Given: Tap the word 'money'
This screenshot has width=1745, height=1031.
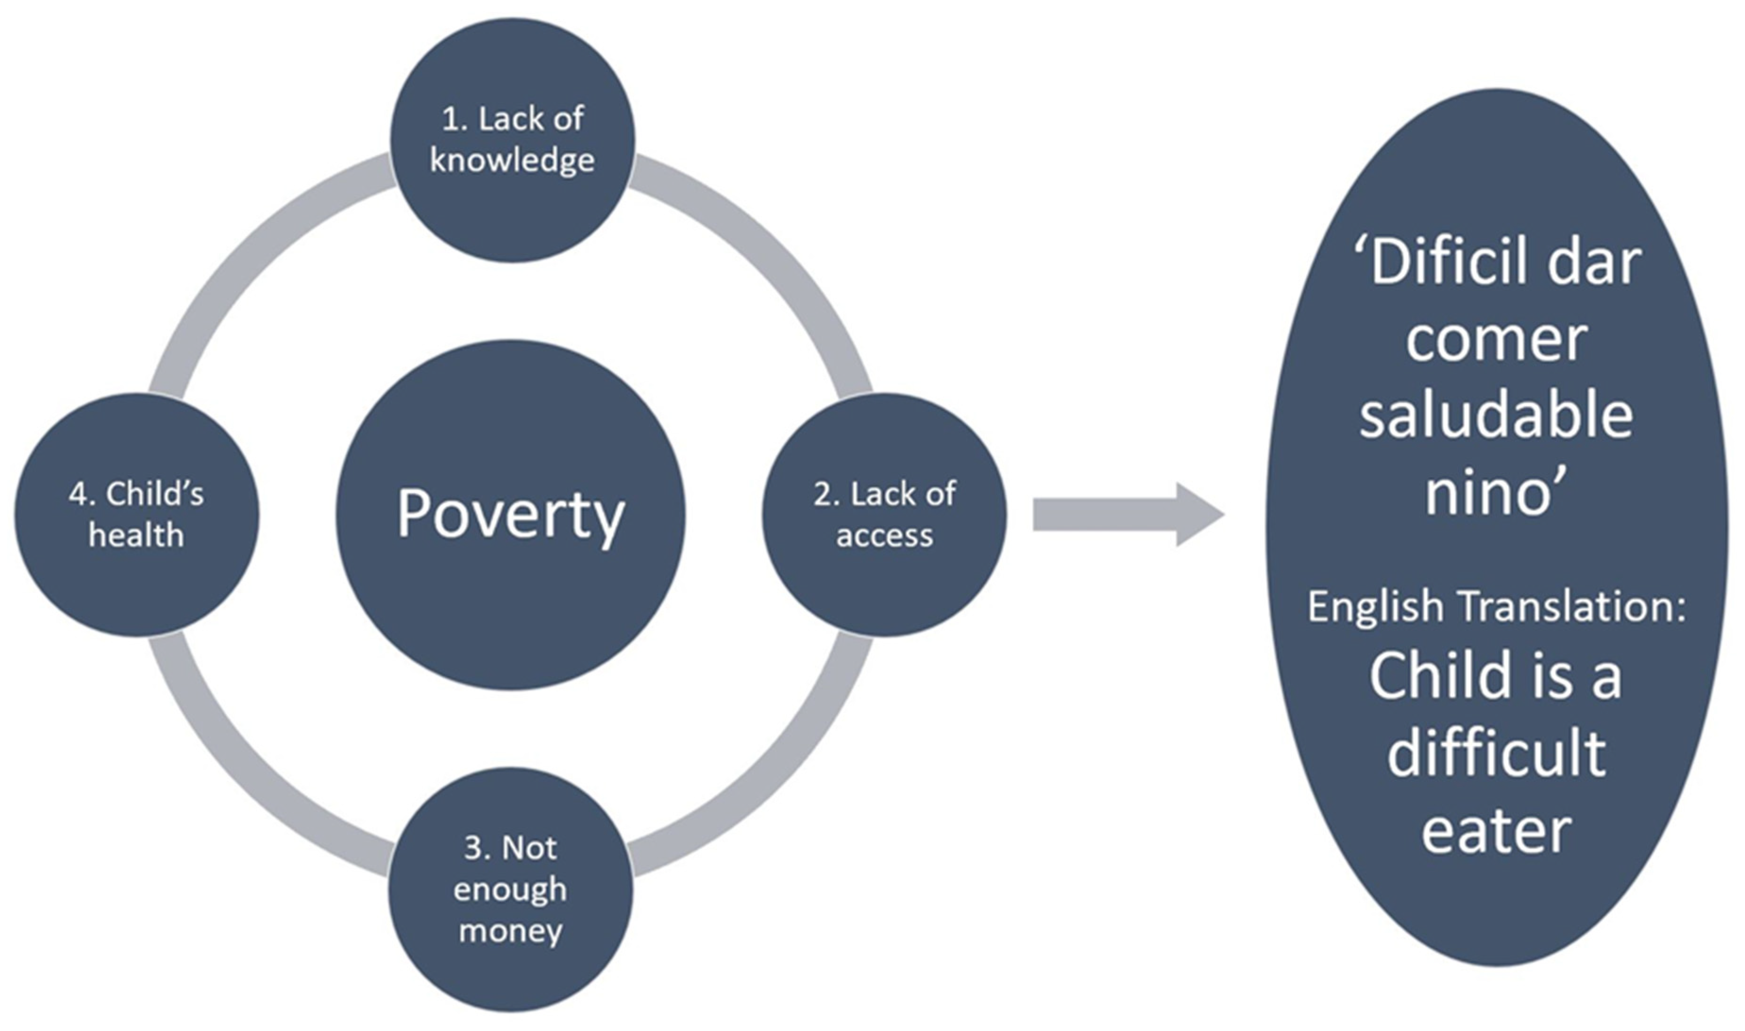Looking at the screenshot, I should [511, 930].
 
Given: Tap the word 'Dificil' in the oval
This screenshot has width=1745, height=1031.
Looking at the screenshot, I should [1431, 264].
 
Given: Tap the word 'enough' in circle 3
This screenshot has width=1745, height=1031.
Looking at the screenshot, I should [511, 890].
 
